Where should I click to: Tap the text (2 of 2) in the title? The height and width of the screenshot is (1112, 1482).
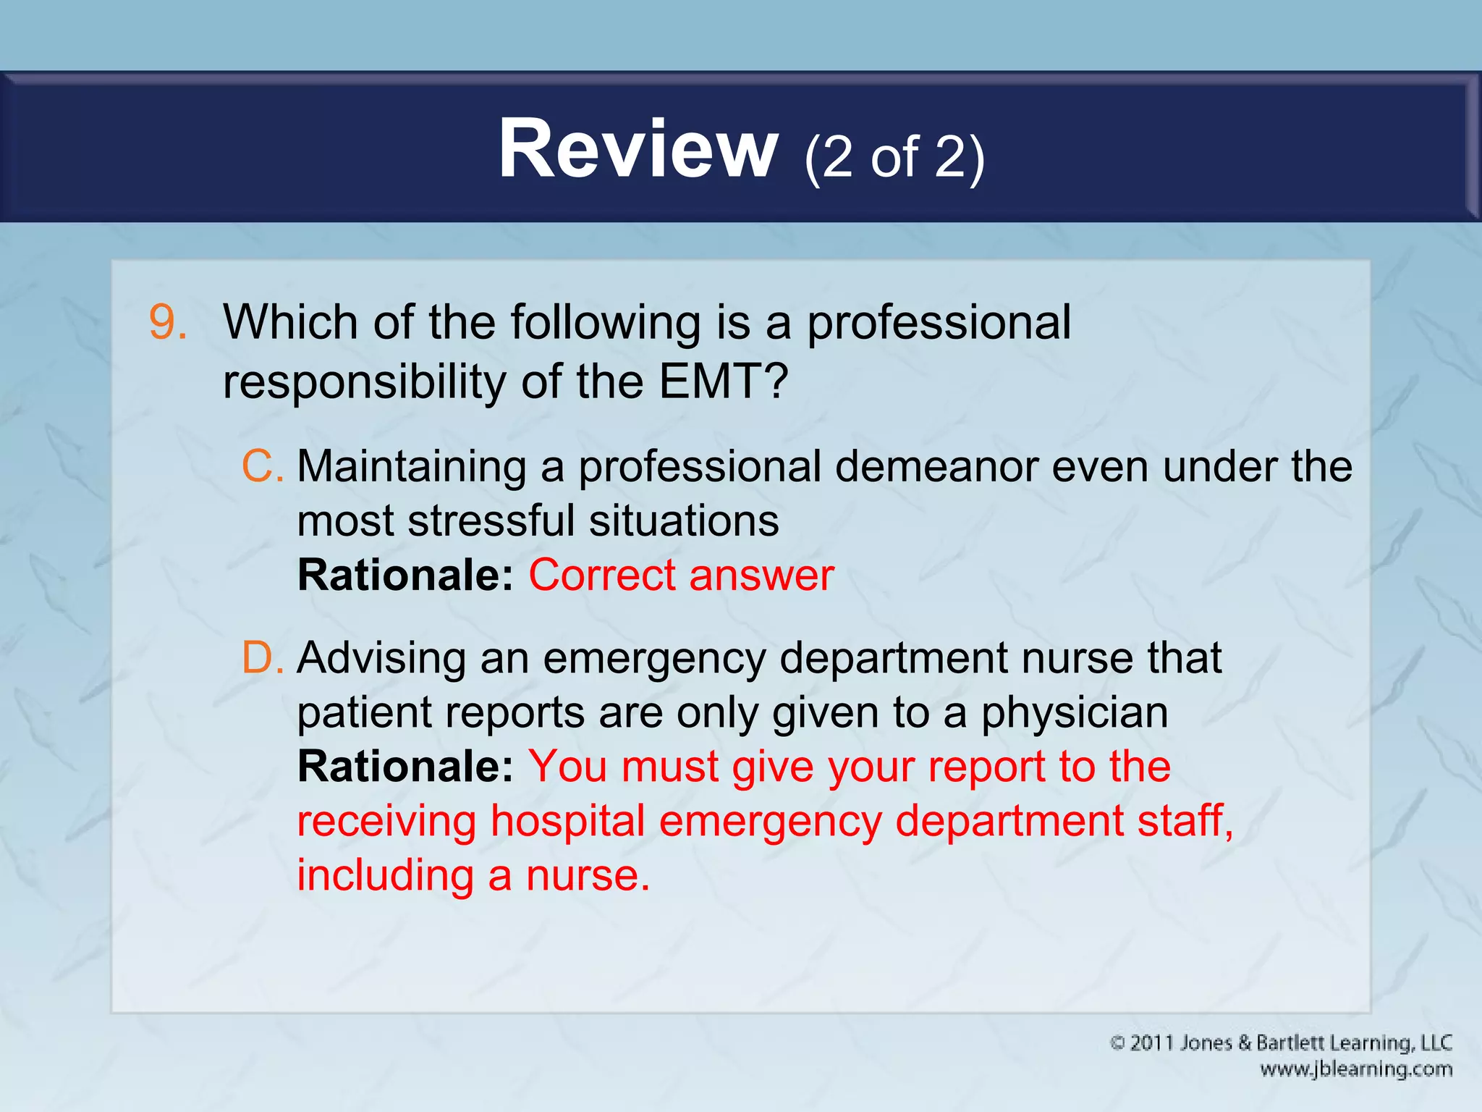point(894,157)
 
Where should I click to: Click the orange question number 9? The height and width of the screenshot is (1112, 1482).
point(167,322)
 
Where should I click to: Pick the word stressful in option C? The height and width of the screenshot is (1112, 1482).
point(491,521)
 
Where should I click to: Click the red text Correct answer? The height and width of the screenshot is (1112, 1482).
point(681,575)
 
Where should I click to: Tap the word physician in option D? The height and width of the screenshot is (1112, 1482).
point(1074,712)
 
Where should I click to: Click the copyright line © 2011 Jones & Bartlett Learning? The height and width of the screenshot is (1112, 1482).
point(1281,1043)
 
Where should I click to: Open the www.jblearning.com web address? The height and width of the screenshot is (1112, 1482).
point(1356,1069)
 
